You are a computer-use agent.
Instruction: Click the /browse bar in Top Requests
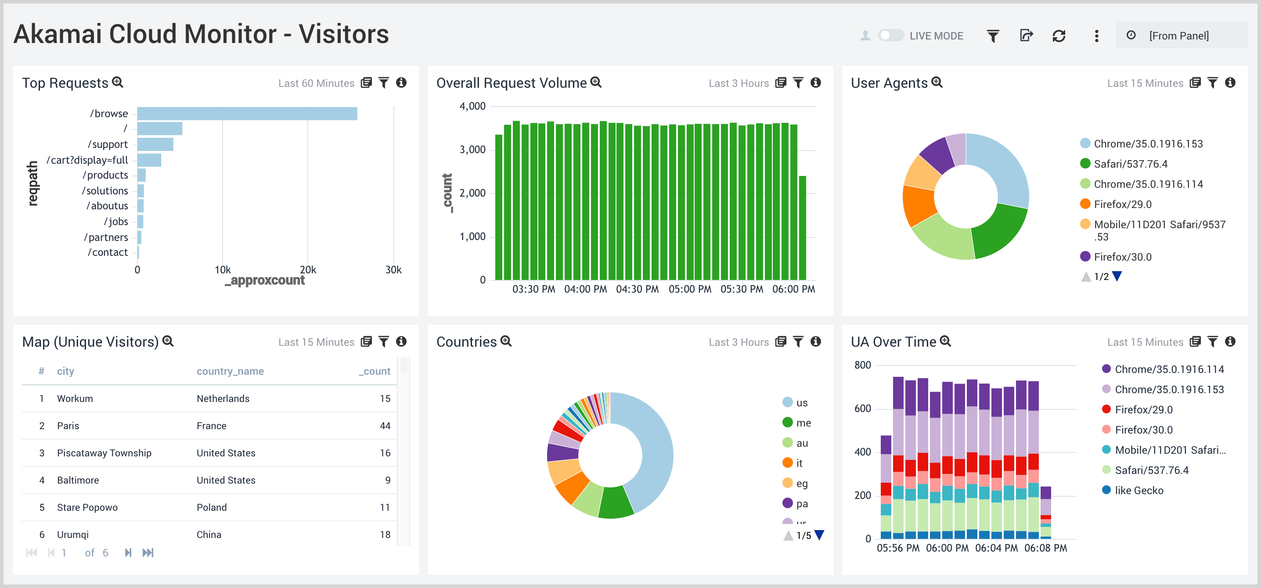[x=247, y=114]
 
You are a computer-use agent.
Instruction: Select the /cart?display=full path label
[x=87, y=160]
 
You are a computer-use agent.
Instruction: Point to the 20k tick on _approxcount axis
[x=308, y=269]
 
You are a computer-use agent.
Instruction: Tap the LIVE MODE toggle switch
[x=890, y=35]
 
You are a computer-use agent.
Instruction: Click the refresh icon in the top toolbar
[x=1059, y=36]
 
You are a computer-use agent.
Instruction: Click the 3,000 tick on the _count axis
[x=472, y=150]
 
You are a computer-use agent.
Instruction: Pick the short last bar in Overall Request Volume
[x=802, y=227]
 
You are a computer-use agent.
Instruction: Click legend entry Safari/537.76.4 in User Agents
[x=1130, y=164]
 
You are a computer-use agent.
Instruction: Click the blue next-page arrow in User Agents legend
[x=1117, y=276]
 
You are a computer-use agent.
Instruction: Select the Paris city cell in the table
[x=68, y=426]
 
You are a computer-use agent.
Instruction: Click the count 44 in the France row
[x=385, y=426]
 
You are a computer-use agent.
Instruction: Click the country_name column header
[x=230, y=371]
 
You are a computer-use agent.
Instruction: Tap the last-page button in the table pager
[x=148, y=553]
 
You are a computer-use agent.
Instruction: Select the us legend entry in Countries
[x=801, y=402]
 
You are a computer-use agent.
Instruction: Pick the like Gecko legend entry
[x=1139, y=490]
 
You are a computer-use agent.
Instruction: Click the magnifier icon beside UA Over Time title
[x=946, y=341]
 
